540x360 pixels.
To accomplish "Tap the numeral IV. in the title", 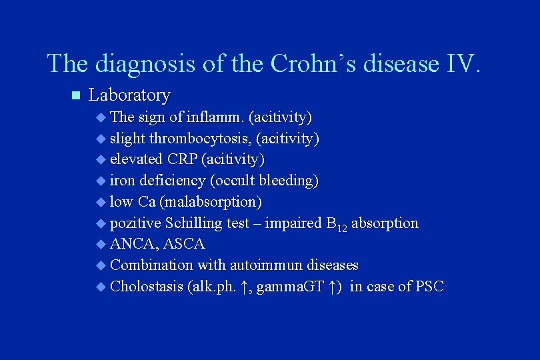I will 459,63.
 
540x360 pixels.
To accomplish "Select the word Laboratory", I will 129,95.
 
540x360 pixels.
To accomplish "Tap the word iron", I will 121,181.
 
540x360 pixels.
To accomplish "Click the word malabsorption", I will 210,201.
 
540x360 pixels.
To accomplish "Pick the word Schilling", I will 193,223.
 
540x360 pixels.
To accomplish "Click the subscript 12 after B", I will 341,227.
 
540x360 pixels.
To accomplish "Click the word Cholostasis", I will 146,287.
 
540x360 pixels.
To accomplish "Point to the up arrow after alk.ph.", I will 245,287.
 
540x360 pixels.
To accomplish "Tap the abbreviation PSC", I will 429,287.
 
